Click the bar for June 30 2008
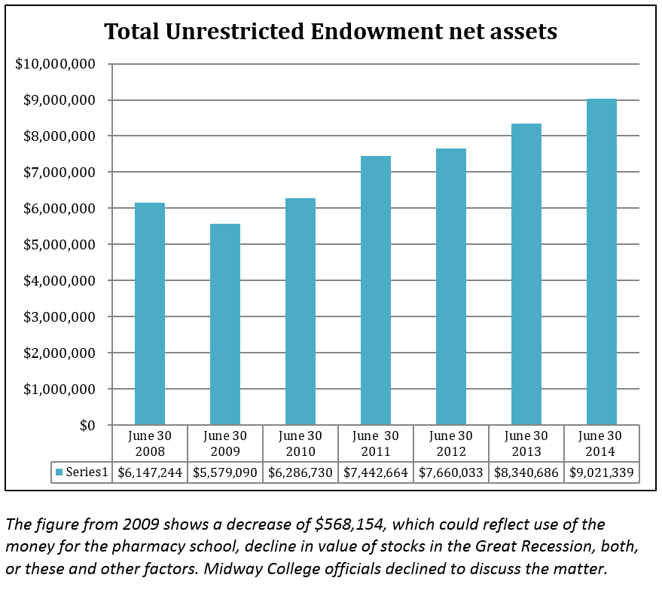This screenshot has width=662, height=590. coord(150,314)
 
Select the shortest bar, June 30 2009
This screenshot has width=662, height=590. coord(225,325)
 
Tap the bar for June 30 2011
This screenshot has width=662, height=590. coord(376,291)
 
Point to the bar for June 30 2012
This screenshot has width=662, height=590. coord(451,287)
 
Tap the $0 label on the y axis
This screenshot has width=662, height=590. coord(87,426)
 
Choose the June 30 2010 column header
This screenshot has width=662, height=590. coord(300,444)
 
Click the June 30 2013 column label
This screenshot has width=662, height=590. coord(526,444)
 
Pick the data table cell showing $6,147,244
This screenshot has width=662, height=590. coord(150,472)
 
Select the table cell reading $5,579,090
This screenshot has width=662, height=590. coord(225,472)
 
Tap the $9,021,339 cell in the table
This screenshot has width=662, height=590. coord(602,472)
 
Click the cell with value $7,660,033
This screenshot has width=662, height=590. coord(451,472)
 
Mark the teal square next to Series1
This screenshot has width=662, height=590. coord(59,472)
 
